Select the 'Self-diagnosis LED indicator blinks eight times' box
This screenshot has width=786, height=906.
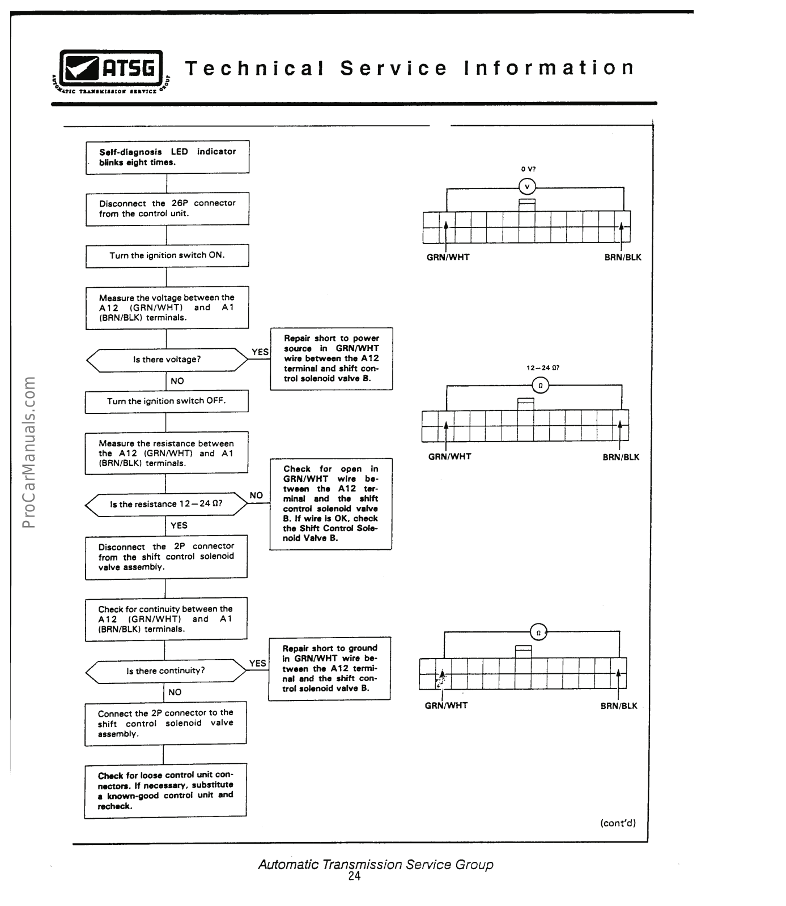[x=167, y=157]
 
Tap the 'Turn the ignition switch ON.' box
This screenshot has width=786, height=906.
[x=167, y=255]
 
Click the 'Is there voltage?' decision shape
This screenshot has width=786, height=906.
[x=167, y=360]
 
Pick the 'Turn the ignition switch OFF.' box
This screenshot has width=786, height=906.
[x=167, y=401]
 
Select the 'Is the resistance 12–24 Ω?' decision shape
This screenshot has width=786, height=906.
[x=166, y=504]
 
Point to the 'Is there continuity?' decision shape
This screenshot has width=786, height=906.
[x=165, y=671]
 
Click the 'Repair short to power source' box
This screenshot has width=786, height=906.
[x=332, y=358]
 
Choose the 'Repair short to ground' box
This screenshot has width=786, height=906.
[x=329, y=668]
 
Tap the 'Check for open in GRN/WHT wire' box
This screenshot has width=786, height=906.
[x=330, y=503]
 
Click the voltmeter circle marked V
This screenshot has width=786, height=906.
[x=527, y=186]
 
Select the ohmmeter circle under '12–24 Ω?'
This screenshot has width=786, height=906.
[x=540, y=386]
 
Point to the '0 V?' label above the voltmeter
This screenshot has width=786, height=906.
[x=528, y=169]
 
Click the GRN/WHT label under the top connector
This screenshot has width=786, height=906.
[x=448, y=257]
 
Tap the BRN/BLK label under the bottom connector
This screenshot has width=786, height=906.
[x=619, y=706]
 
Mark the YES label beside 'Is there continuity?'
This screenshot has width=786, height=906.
[x=257, y=663]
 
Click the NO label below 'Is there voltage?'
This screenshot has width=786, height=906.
[x=177, y=381]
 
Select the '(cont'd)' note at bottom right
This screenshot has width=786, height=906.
[x=618, y=823]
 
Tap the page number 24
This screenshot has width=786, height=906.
[x=354, y=876]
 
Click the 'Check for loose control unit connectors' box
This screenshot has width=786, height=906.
[x=165, y=790]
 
